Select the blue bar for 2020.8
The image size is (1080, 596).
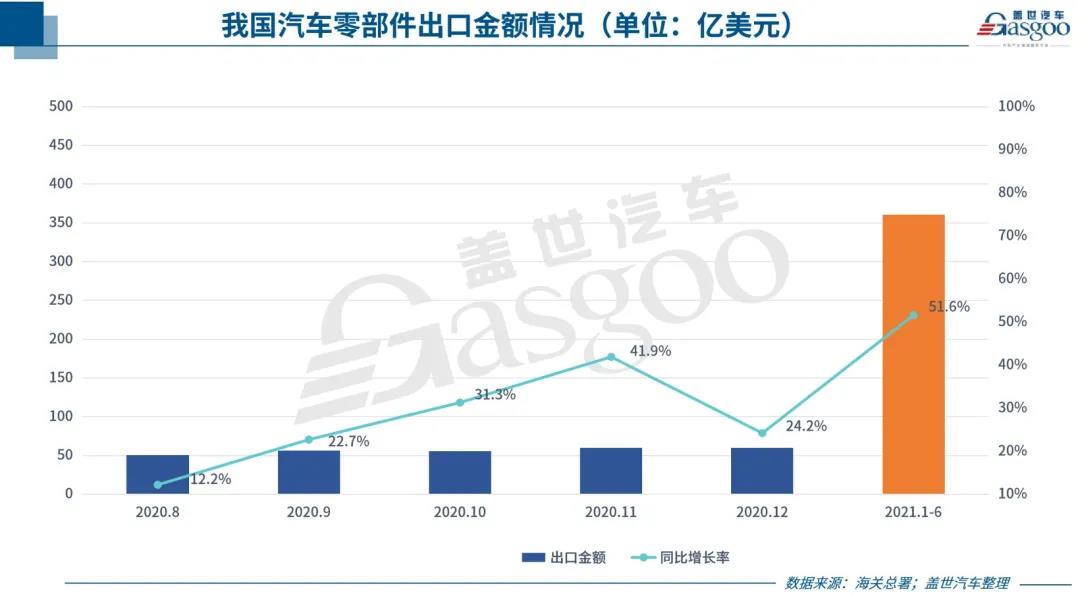click(157, 474)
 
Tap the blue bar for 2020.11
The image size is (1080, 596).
click(611, 470)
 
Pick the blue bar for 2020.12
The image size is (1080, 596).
click(762, 470)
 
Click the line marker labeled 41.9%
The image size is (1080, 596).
click(611, 357)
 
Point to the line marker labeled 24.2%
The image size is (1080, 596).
click(762, 433)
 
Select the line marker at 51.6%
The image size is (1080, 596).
click(913, 315)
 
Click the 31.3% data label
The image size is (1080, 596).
click(495, 395)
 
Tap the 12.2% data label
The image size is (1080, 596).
click(210, 479)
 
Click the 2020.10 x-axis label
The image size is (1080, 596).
click(459, 511)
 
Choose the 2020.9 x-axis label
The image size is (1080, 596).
click(308, 511)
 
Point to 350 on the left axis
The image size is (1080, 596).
click(61, 222)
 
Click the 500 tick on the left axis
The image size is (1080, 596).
click(61, 106)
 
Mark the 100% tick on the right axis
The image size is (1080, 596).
click(1016, 106)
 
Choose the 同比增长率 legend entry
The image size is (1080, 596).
click(679, 558)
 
